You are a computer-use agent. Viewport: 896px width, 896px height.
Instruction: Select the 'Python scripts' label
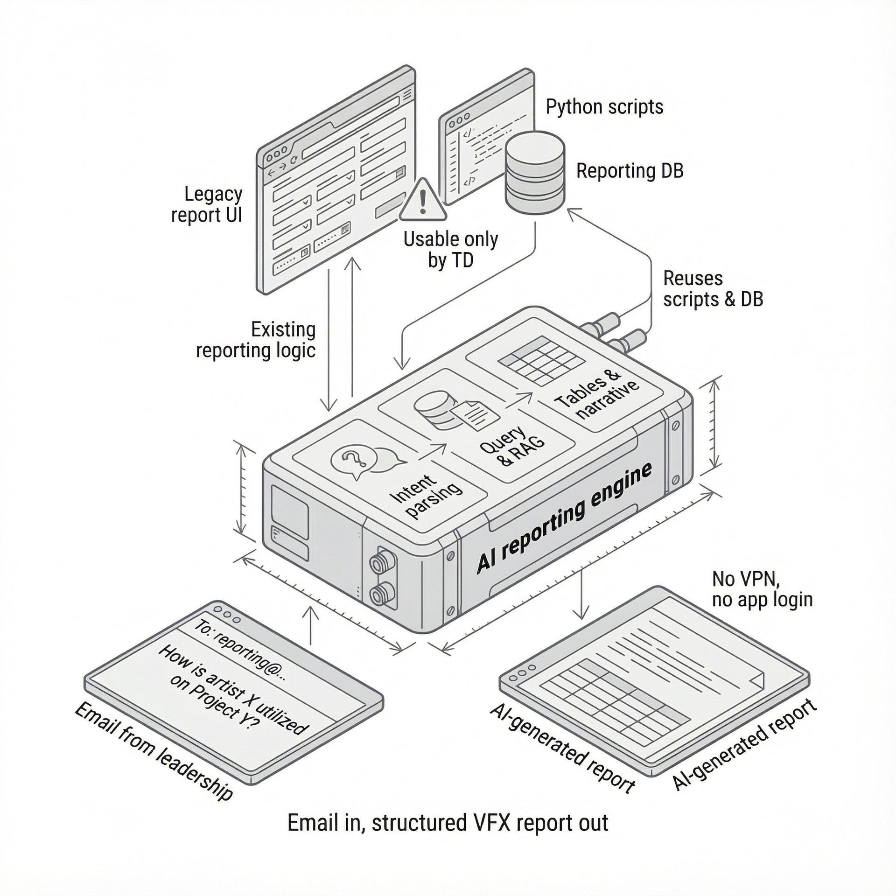pos(604,107)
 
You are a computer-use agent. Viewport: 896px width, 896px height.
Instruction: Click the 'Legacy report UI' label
pos(207,204)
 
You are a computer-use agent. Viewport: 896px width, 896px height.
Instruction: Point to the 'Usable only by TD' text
pos(450,250)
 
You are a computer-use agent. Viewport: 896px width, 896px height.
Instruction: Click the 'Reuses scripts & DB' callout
pos(713,289)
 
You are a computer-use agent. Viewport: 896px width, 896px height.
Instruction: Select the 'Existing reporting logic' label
pos(256,340)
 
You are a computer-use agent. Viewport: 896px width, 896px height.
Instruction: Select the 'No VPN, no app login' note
pos(762,589)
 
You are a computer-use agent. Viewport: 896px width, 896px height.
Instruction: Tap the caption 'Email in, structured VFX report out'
pos(448,823)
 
